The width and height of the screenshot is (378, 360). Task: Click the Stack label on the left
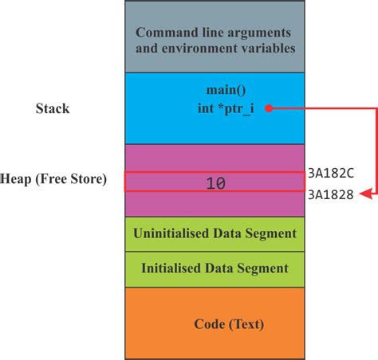click(x=53, y=108)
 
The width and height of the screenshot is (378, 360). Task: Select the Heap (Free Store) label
click(x=53, y=179)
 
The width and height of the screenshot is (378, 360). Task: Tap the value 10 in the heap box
click(x=215, y=182)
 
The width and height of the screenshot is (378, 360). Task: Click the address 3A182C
click(x=329, y=171)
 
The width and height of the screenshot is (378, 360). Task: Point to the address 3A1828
click(x=329, y=194)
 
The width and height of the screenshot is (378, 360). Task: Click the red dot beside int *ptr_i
click(x=270, y=108)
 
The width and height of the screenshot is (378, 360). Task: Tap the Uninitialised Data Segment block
click(x=215, y=233)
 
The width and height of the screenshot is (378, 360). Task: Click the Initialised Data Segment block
click(x=215, y=268)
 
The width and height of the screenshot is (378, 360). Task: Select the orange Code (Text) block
click(x=215, y=324)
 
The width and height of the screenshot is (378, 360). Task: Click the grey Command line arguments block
click(x=215, y=39)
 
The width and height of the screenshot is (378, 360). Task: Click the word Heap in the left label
click(x=16, y=179)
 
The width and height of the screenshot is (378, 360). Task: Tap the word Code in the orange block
click(x=210, y=324)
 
